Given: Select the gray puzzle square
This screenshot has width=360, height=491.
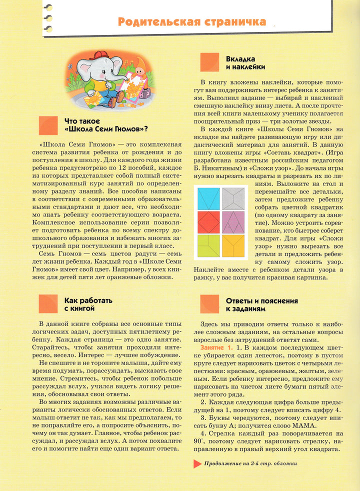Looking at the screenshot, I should (232, 198).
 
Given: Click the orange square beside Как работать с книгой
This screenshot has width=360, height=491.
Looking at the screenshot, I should (48, 304).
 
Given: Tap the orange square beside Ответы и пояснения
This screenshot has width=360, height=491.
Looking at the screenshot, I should (209, 304).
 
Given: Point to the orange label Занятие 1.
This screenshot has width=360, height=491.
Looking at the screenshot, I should (216, 347).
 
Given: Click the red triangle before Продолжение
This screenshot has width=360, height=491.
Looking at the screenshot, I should (197, 463).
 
